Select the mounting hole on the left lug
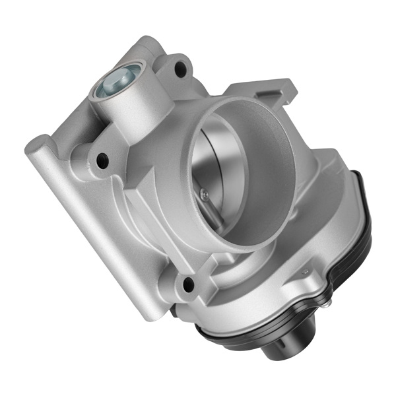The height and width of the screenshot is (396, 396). (101, 158)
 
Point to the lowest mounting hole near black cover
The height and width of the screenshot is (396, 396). (187, 284)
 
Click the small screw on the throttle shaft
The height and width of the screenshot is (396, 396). (204, 193)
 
